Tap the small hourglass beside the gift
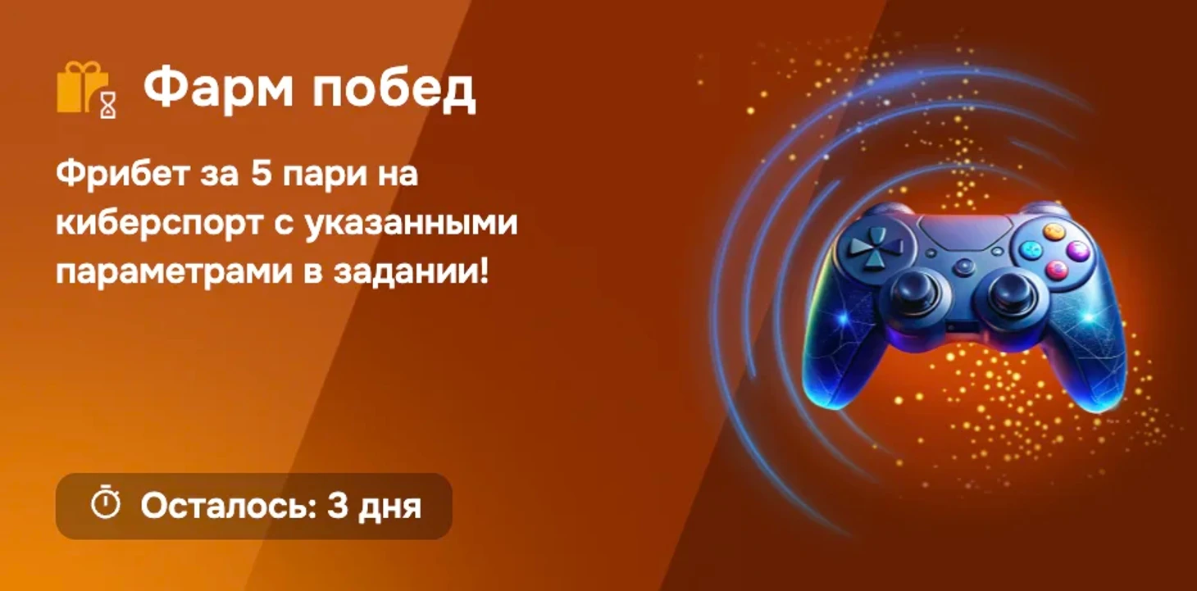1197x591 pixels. pos(108,105)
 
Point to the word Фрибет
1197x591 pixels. pos(123,175)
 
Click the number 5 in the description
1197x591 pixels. pos(262,173)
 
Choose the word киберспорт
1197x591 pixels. pos(159,224)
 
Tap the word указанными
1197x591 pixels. pos(412,223)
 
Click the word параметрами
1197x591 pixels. pos(175,272)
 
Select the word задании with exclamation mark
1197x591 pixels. pos(411,270)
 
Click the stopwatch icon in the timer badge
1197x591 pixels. pos(105,502)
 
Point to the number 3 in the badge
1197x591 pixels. pos(337,505)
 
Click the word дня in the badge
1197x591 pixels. pos(389,508)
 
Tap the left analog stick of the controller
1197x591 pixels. pos(916,294)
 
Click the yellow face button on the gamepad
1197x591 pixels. pos(1054,231)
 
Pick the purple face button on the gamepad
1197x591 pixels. pos(1077,250)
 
